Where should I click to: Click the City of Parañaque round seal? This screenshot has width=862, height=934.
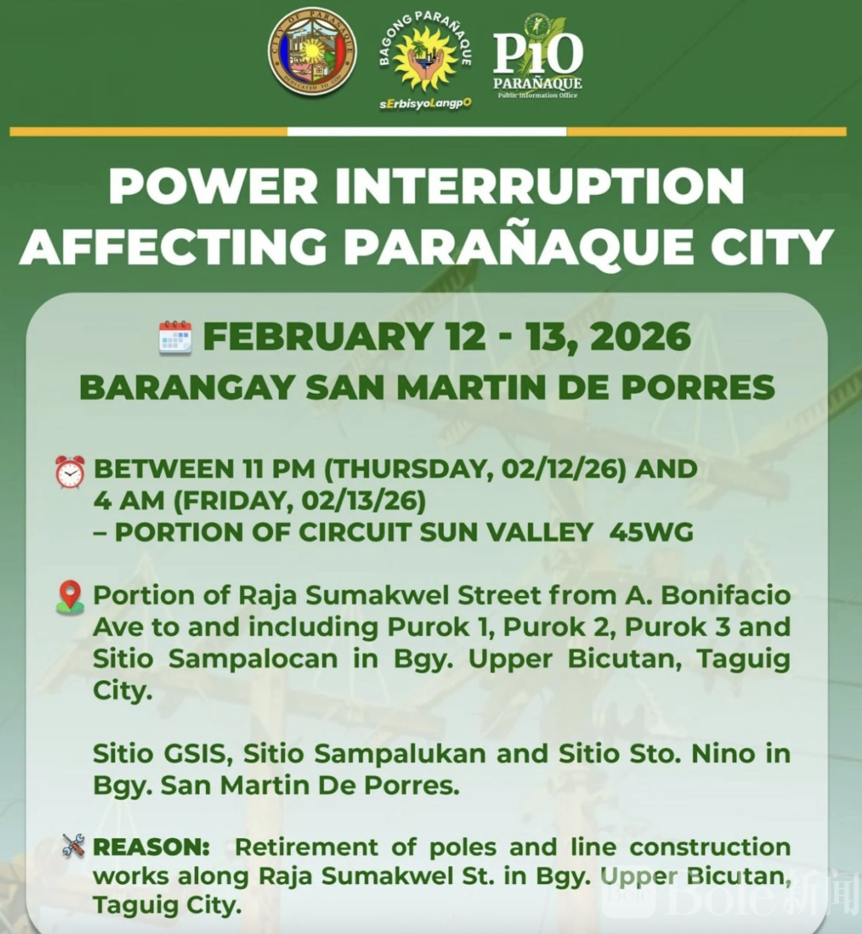[x=312, y=52]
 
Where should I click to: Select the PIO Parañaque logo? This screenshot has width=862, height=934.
[x=538, y=56]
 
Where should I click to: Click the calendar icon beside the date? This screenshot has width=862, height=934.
[x=175, y=338]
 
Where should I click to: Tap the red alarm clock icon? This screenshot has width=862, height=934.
[x=70, y=472]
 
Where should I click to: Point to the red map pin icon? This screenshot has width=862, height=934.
[x=70, y=597]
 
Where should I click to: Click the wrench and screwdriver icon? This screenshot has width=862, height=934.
[x=73, y=846]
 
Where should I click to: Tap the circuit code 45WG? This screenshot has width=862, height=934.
[x=651, y=533]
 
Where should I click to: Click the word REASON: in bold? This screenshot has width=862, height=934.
[x=152, y=847]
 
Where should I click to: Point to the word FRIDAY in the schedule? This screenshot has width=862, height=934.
[x=236, y=501]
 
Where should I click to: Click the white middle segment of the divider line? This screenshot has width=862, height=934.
[x=427, y=132]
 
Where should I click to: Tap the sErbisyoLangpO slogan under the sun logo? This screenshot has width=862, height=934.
[x=426, y=104]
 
